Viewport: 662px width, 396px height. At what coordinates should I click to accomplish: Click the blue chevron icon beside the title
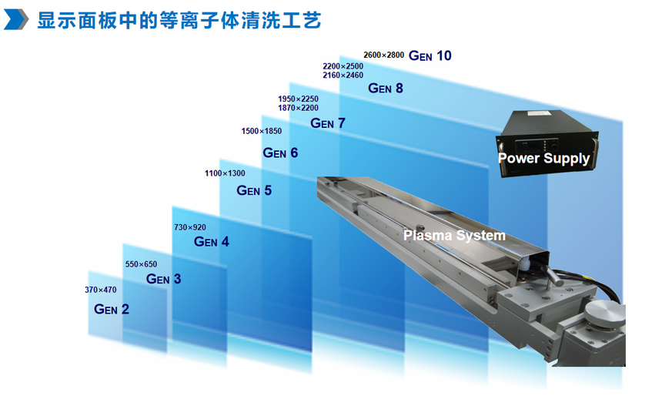pyautogui.click(x=16, y=19)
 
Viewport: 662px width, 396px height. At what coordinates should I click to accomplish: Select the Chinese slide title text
pyautogui.click(x=179, y=20)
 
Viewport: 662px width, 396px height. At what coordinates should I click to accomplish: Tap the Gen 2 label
pyautogui.click(x=112, y=309)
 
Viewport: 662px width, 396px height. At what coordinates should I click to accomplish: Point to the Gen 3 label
pyautogui.click(x=163, y=279)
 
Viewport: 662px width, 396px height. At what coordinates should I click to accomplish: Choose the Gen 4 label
pyautogui.click(x=211, y=241)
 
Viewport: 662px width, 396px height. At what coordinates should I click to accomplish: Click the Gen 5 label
pyautogui.click(x=254, y=190)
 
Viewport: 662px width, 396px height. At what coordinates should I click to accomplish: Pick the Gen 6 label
pyautogui.click(x=280, y=153)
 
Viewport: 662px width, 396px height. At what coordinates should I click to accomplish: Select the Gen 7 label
pyautogui.click(x=328, y=123)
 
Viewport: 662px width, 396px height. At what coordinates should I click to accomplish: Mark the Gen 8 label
pyautogui.click(x=386, y=88)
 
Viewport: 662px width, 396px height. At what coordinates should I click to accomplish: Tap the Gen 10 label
pyautogui.click(x=430, y=55)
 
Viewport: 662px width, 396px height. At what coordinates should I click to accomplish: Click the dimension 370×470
pyautogui.click(x=101, y=290)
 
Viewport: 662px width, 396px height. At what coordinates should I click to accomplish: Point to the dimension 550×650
pyautogui.click(x=141, y=264)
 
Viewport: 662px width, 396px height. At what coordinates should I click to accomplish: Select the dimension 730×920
pyautogui.click(x=190, y=227)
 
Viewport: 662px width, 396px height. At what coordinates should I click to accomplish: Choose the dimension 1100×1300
pyautogui.click(x=225, y=173)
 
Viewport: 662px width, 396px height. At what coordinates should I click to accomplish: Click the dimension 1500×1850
pyautogui.click(x=262, y=131)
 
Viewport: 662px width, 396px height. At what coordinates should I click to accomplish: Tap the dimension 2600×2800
pyautogui.click(x=384, y=55)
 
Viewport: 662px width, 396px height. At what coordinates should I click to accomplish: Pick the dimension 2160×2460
pyautogui.click(x=343, y=76)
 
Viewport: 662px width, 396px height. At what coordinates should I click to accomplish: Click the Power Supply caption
pyautogui.click(x=543, y=159)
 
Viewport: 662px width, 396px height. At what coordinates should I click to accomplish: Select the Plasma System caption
pyautogui.click(x=454, y=236)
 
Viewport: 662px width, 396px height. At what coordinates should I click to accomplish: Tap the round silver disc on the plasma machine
pyautogui.click(x=603, y=313)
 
